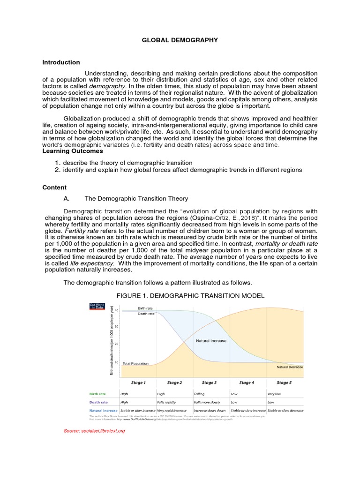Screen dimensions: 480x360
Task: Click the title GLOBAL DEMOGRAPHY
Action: point(180,40)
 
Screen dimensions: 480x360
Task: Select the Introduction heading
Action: point(61,62)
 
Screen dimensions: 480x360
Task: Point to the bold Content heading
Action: point(54,187)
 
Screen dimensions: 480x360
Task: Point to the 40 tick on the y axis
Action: point(116,310)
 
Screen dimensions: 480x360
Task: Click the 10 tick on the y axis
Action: point(116,362)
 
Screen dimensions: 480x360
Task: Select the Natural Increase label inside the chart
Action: point(211,341)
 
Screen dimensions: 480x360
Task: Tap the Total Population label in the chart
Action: point(135,363)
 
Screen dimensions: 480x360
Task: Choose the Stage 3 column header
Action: point(209,383)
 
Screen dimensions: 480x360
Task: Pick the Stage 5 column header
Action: point(284,383)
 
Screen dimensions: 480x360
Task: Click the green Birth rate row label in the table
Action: point(99,394)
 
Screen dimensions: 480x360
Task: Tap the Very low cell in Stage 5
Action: point(275,394)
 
